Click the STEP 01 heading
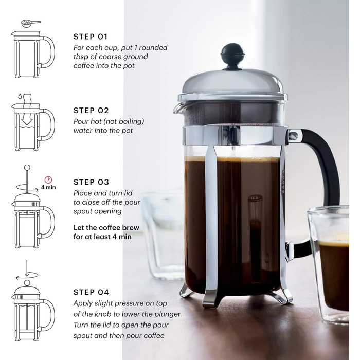pos(91,37)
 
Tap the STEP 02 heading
pos(91,111)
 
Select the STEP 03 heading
pos(91,182)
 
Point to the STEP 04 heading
pos(91,292)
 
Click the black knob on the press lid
pos(232,56)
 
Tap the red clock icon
pos(48,179)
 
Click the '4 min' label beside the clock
pos(48,187)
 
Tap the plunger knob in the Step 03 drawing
pos(27,167)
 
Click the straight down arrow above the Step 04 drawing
pos(27,268)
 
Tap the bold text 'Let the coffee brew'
pos(106,228)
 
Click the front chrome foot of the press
pos(210,298)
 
